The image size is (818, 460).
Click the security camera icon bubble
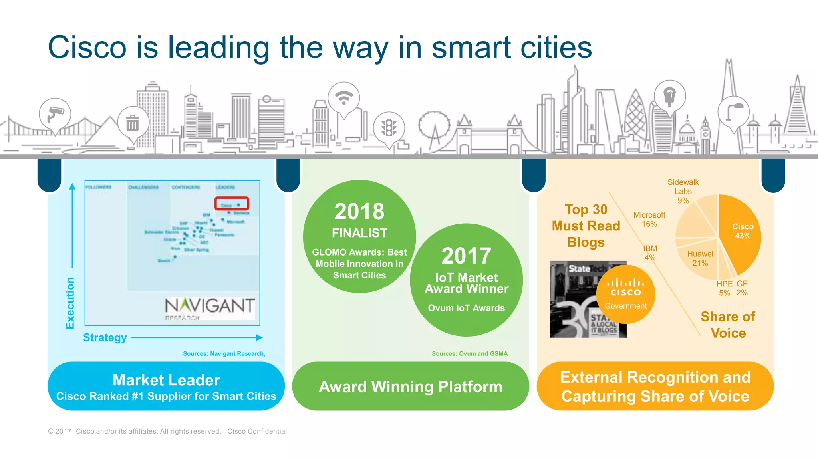coord(55,114)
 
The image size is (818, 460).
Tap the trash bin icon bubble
coord(133,123)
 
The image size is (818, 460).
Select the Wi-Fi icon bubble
coord(343,98)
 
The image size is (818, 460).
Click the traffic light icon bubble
coord(389,128)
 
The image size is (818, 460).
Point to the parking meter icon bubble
coord(670,96)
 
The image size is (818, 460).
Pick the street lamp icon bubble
coord(733,112)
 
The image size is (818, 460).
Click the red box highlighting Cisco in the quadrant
coord(232,204)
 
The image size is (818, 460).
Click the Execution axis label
coord(70,303)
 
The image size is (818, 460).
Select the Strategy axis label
coord(105,338)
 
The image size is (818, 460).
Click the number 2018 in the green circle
coord(359,211)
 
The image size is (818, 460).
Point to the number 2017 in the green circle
coord(466,256)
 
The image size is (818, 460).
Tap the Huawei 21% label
coord(700,258)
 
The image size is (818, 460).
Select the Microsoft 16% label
coord(649,219)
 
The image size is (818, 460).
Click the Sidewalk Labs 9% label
coord(683,191)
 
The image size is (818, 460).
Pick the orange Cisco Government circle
coord(625,294)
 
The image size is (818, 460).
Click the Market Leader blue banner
coord(166,386)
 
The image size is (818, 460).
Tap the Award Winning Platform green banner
coord(410,386)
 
